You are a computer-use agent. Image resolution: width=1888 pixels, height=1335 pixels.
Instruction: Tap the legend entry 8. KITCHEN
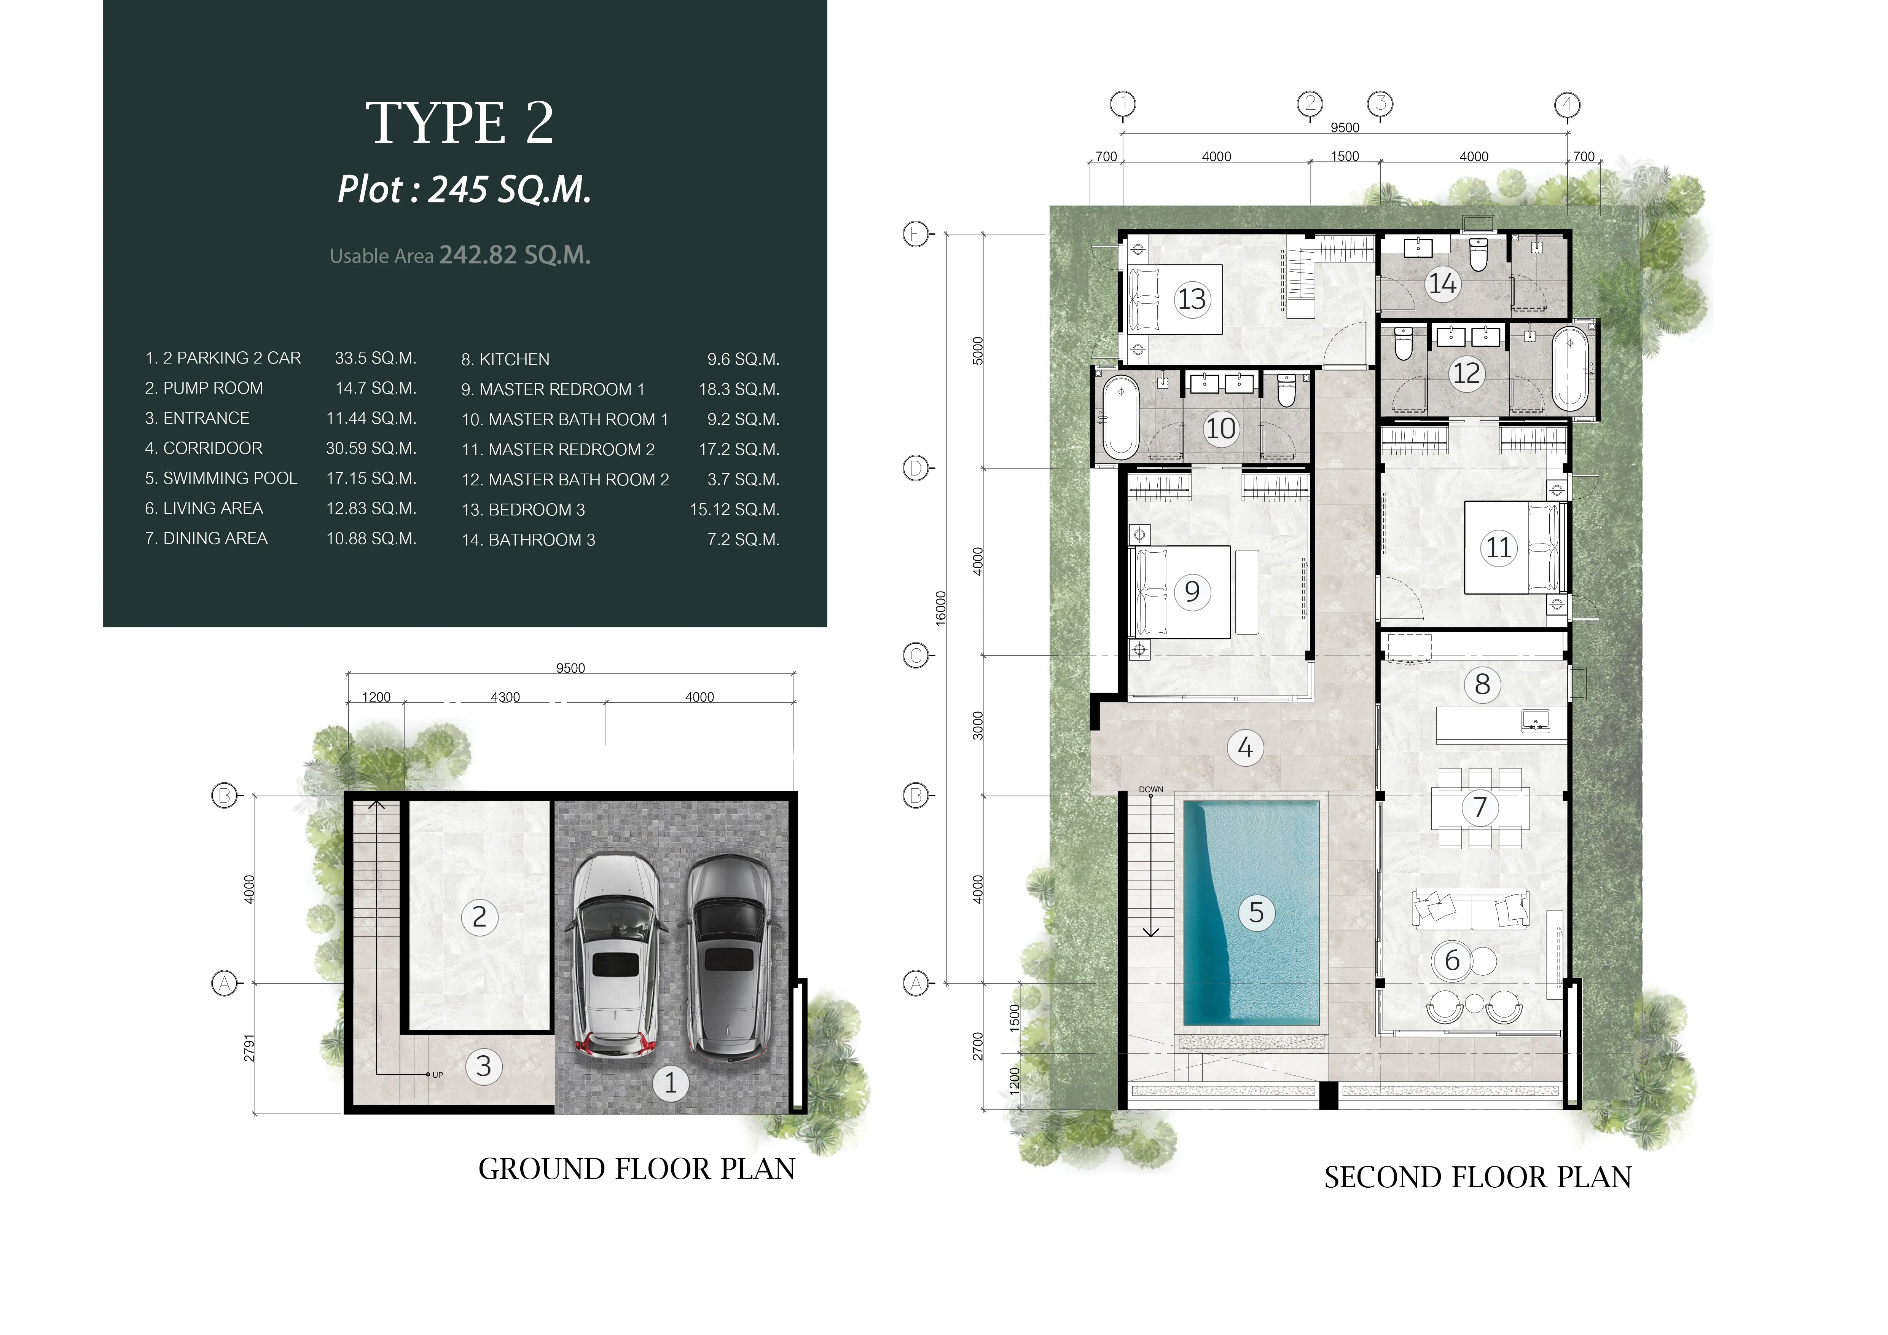pyautogui.click(x=505, y=359)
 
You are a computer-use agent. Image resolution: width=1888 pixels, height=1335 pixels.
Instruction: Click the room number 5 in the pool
pyautogui.click(x=1255, y=912)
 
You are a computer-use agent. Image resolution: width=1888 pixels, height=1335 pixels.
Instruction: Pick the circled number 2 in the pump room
pyautogui.click(x=480, y=916)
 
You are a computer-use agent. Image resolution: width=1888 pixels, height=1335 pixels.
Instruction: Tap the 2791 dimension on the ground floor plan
pyautogui.click(x=249, y=1048)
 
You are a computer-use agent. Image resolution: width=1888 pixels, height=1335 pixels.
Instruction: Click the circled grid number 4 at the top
pyautogui.click(x=1567, y=104)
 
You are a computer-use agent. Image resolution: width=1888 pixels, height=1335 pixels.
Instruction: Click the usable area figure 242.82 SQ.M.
pyautogui.click(x=515, y=255)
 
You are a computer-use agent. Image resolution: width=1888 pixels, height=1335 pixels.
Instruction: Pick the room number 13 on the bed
pyautogui.click(x=1192, y=298)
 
